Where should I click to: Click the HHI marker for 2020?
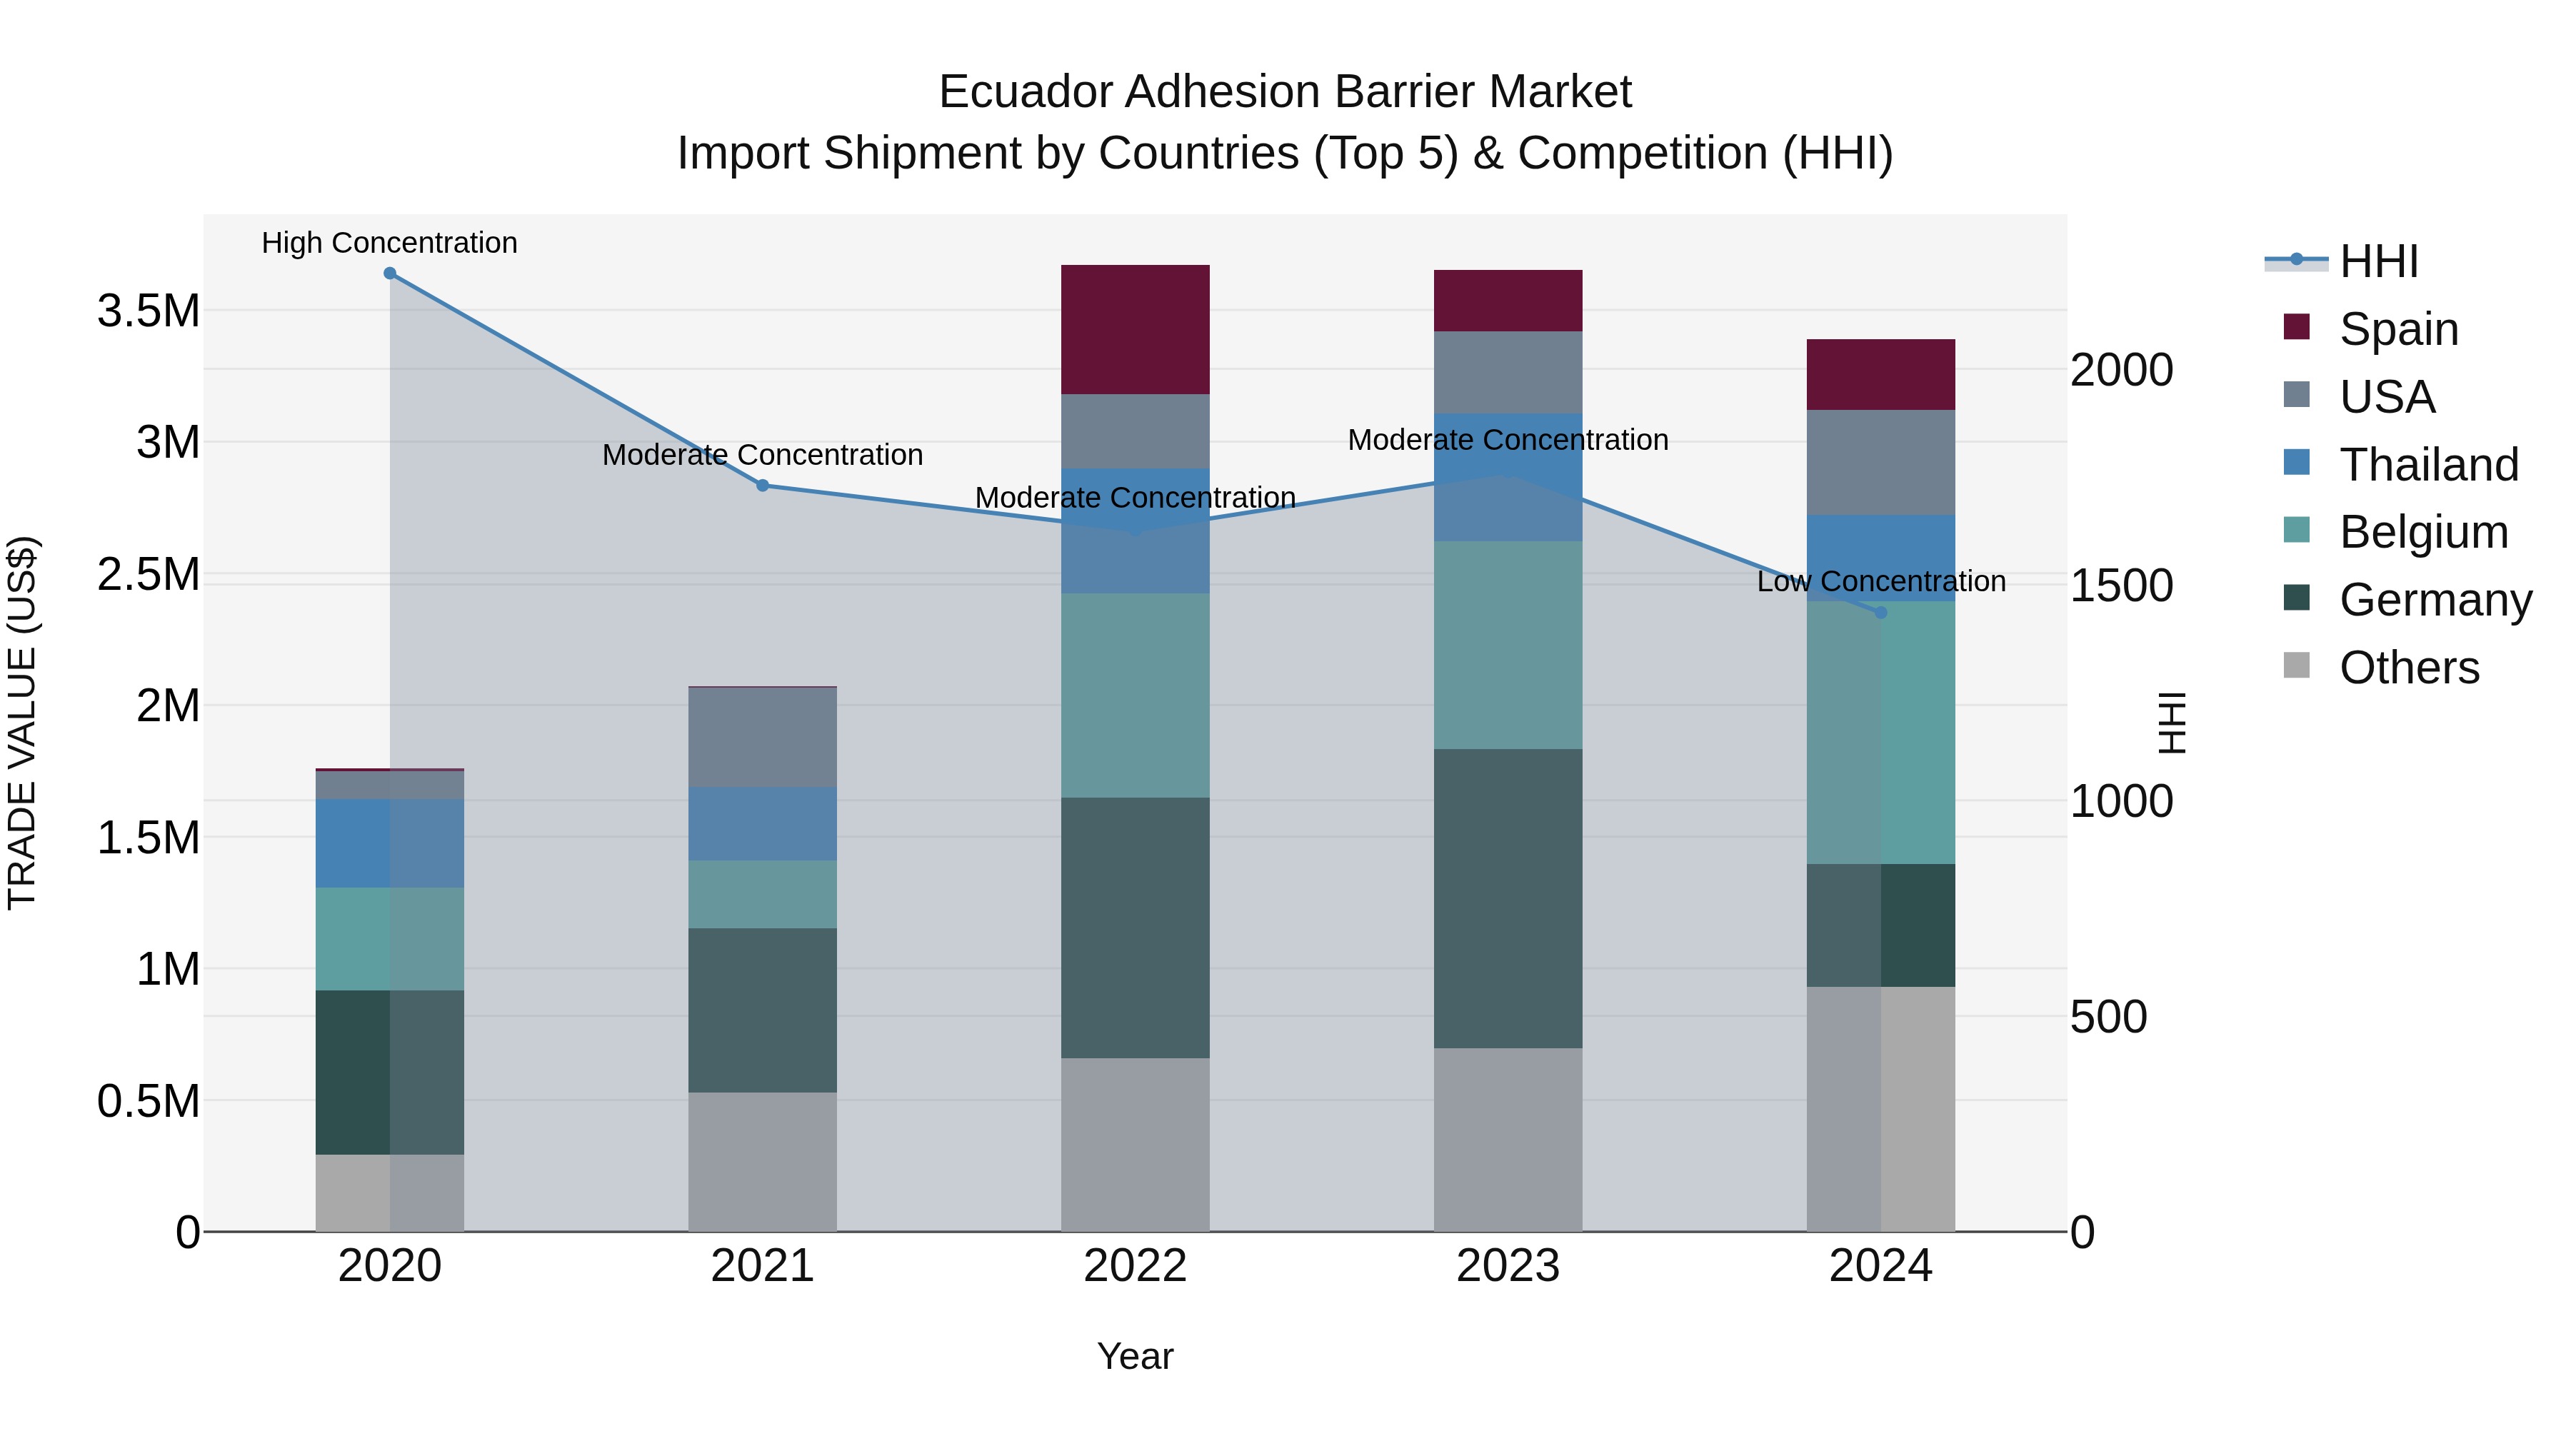[x=389, y=273]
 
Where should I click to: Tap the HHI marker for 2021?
[x=763, y=486]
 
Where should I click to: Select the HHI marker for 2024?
[x=1881, y=613]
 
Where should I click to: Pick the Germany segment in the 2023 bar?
[x=1508, y=898]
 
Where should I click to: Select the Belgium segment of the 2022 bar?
[x=1135, y=696]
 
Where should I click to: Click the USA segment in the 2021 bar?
[x=763, y=738]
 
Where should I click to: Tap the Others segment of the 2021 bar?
[x=763, y=1162]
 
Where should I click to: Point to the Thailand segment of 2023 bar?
[x=1508, y=477]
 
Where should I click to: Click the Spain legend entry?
[x=2398, y=329]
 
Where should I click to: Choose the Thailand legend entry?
[x=2428, y=465]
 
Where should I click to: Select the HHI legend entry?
[x=2378, y=261]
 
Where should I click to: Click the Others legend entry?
[x=2408, y=668]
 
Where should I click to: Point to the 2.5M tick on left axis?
[x=149, y=575]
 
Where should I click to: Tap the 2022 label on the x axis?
[x=1135, y=1266]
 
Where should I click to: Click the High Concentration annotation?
[x=389, y=243]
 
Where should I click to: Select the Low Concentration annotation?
[x=1881, y=582]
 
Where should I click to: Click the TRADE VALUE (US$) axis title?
[x=22, y=723]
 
